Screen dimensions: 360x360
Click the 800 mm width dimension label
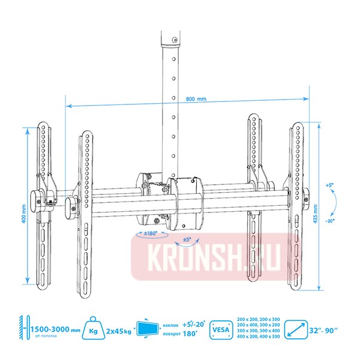pos(196,99)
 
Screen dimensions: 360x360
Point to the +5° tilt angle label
pos(329,185)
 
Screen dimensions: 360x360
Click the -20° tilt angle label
pos(331,220)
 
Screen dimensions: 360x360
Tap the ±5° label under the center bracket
pos(187,239)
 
